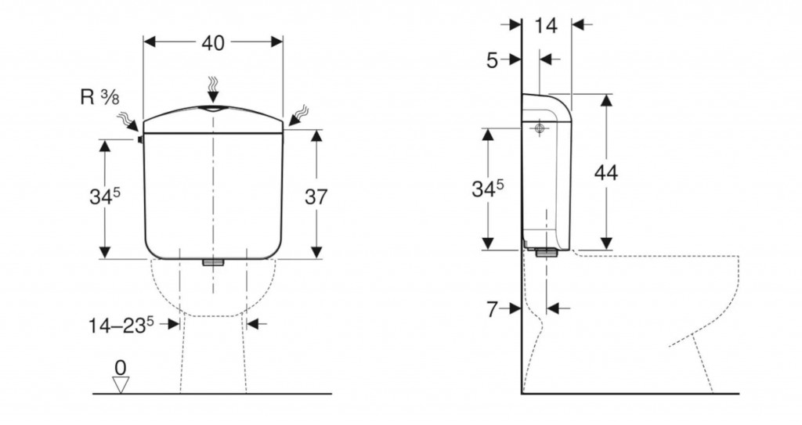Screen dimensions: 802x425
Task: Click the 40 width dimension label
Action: point(213,43)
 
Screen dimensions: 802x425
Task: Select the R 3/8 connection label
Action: point(99,96)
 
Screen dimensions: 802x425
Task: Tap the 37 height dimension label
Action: point(316,196)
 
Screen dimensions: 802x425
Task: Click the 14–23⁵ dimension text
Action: point(121,325)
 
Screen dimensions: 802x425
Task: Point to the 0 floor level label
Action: point(120,367)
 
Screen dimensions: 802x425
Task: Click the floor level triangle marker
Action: point(121,384)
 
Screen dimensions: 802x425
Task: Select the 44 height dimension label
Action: point(606,172)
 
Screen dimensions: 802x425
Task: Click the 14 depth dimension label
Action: point(546,25)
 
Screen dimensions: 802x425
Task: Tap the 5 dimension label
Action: point(492,60)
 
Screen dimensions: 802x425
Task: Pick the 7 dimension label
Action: point(492,309)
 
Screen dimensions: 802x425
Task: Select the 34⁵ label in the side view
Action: point(487,188)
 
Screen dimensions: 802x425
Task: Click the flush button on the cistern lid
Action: point(213,109)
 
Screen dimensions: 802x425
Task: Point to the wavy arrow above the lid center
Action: point(213,89)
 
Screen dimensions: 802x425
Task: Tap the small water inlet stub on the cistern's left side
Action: point(139,139)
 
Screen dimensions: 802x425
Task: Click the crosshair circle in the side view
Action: point(539,128)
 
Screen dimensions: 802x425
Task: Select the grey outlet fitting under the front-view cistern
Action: point(213,262)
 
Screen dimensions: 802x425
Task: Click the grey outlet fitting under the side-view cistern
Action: point(547,251)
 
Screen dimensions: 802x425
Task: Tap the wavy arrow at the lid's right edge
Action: point(298,116)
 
